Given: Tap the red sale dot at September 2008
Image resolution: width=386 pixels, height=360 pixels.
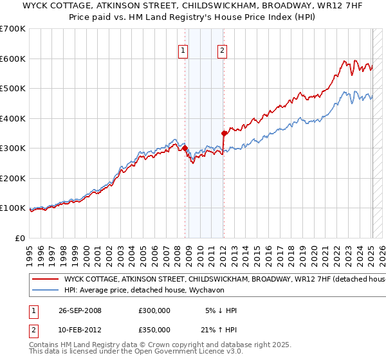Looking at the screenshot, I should click(x=185, y=148).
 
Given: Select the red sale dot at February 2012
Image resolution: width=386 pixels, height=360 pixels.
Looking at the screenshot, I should click(x=224, y=134).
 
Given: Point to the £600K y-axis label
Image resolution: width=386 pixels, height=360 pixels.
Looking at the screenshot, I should click(x=12, y=59).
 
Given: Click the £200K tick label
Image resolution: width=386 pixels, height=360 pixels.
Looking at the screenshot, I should click(x=12, y=178).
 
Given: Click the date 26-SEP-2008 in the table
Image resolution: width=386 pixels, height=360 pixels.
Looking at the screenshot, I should click(x=80, y=310).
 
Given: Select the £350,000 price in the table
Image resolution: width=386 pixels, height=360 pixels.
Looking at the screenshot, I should click(x=154, y=330).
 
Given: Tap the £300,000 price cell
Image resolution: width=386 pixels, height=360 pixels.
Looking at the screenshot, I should click(x=154, y=310).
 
